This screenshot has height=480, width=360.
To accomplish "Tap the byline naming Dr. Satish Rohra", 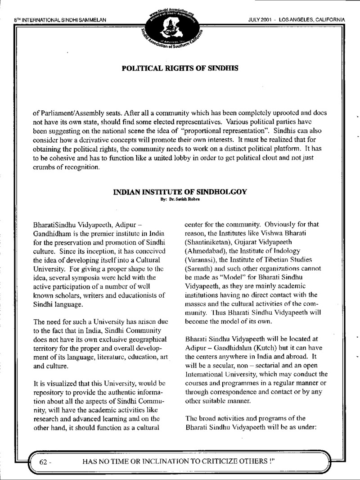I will click(180, 199).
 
